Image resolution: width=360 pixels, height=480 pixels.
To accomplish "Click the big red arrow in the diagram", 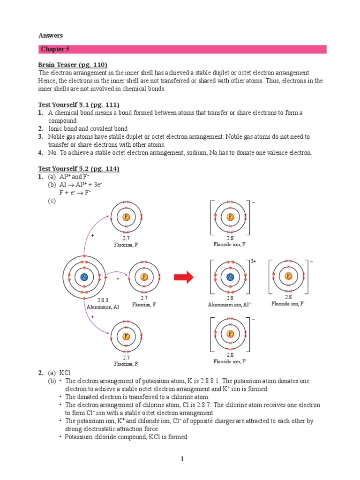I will point(184,277).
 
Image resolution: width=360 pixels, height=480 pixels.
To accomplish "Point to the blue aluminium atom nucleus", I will point(84,277).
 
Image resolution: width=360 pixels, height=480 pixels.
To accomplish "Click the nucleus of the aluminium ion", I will point(230,277).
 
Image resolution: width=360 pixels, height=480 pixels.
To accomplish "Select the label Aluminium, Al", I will point(103,307).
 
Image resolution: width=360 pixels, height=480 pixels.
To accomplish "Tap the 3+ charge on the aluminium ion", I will point(254,261).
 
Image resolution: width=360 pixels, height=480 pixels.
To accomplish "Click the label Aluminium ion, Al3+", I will point(230,305).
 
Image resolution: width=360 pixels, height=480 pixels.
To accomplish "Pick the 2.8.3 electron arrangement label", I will point(103,300).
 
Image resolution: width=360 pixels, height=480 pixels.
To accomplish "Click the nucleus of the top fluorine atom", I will point(126,217).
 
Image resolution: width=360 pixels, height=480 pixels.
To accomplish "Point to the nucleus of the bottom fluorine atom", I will point(126,336).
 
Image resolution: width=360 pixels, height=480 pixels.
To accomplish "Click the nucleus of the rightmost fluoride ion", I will point(288,276).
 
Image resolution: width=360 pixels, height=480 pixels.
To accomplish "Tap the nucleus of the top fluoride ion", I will point(230,217).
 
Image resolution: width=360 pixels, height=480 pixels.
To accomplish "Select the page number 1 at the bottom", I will point(182,459).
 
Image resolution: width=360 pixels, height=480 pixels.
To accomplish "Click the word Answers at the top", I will point(50,35).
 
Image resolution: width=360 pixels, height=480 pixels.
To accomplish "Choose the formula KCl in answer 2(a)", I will point(65,373).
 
